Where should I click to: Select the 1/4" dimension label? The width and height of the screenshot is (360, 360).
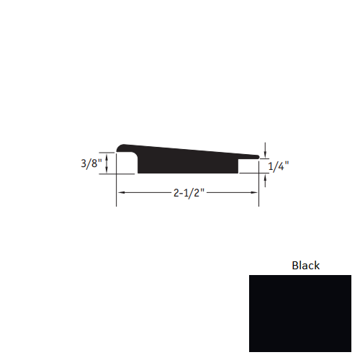279,166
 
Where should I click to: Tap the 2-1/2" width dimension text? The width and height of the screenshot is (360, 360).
189,193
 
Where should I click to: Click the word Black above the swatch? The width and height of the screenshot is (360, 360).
305,265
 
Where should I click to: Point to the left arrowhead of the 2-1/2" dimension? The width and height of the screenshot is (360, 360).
121,193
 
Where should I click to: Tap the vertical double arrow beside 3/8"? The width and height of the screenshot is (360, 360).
107,163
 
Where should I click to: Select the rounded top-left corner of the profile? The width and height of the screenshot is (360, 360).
122,147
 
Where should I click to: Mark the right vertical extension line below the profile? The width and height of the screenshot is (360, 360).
259,189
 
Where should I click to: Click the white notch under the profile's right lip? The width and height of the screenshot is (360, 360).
248,166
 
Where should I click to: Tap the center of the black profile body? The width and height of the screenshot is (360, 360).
187,160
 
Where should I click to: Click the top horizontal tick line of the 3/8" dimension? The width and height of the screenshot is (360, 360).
107,152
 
